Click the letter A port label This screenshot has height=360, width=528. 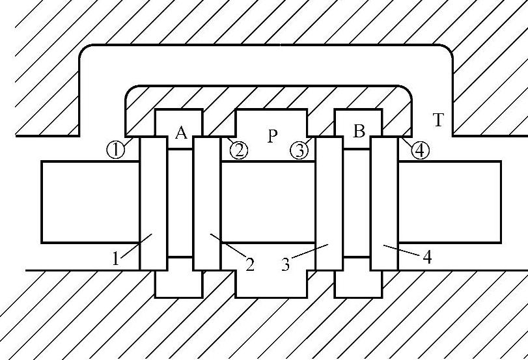182,133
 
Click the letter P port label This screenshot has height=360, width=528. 273,136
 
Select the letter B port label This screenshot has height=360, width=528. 359,132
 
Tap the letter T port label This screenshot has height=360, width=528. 439,119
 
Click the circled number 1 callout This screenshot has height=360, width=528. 115,150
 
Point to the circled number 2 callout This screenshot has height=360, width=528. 239,150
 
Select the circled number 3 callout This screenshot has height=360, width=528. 299,150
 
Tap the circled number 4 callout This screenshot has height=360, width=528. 421,150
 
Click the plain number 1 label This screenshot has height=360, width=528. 116,258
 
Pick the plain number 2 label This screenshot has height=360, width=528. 250,264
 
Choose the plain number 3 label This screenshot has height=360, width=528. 286,264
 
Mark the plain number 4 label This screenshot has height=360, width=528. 427,257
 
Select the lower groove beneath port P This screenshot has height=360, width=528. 270,284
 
